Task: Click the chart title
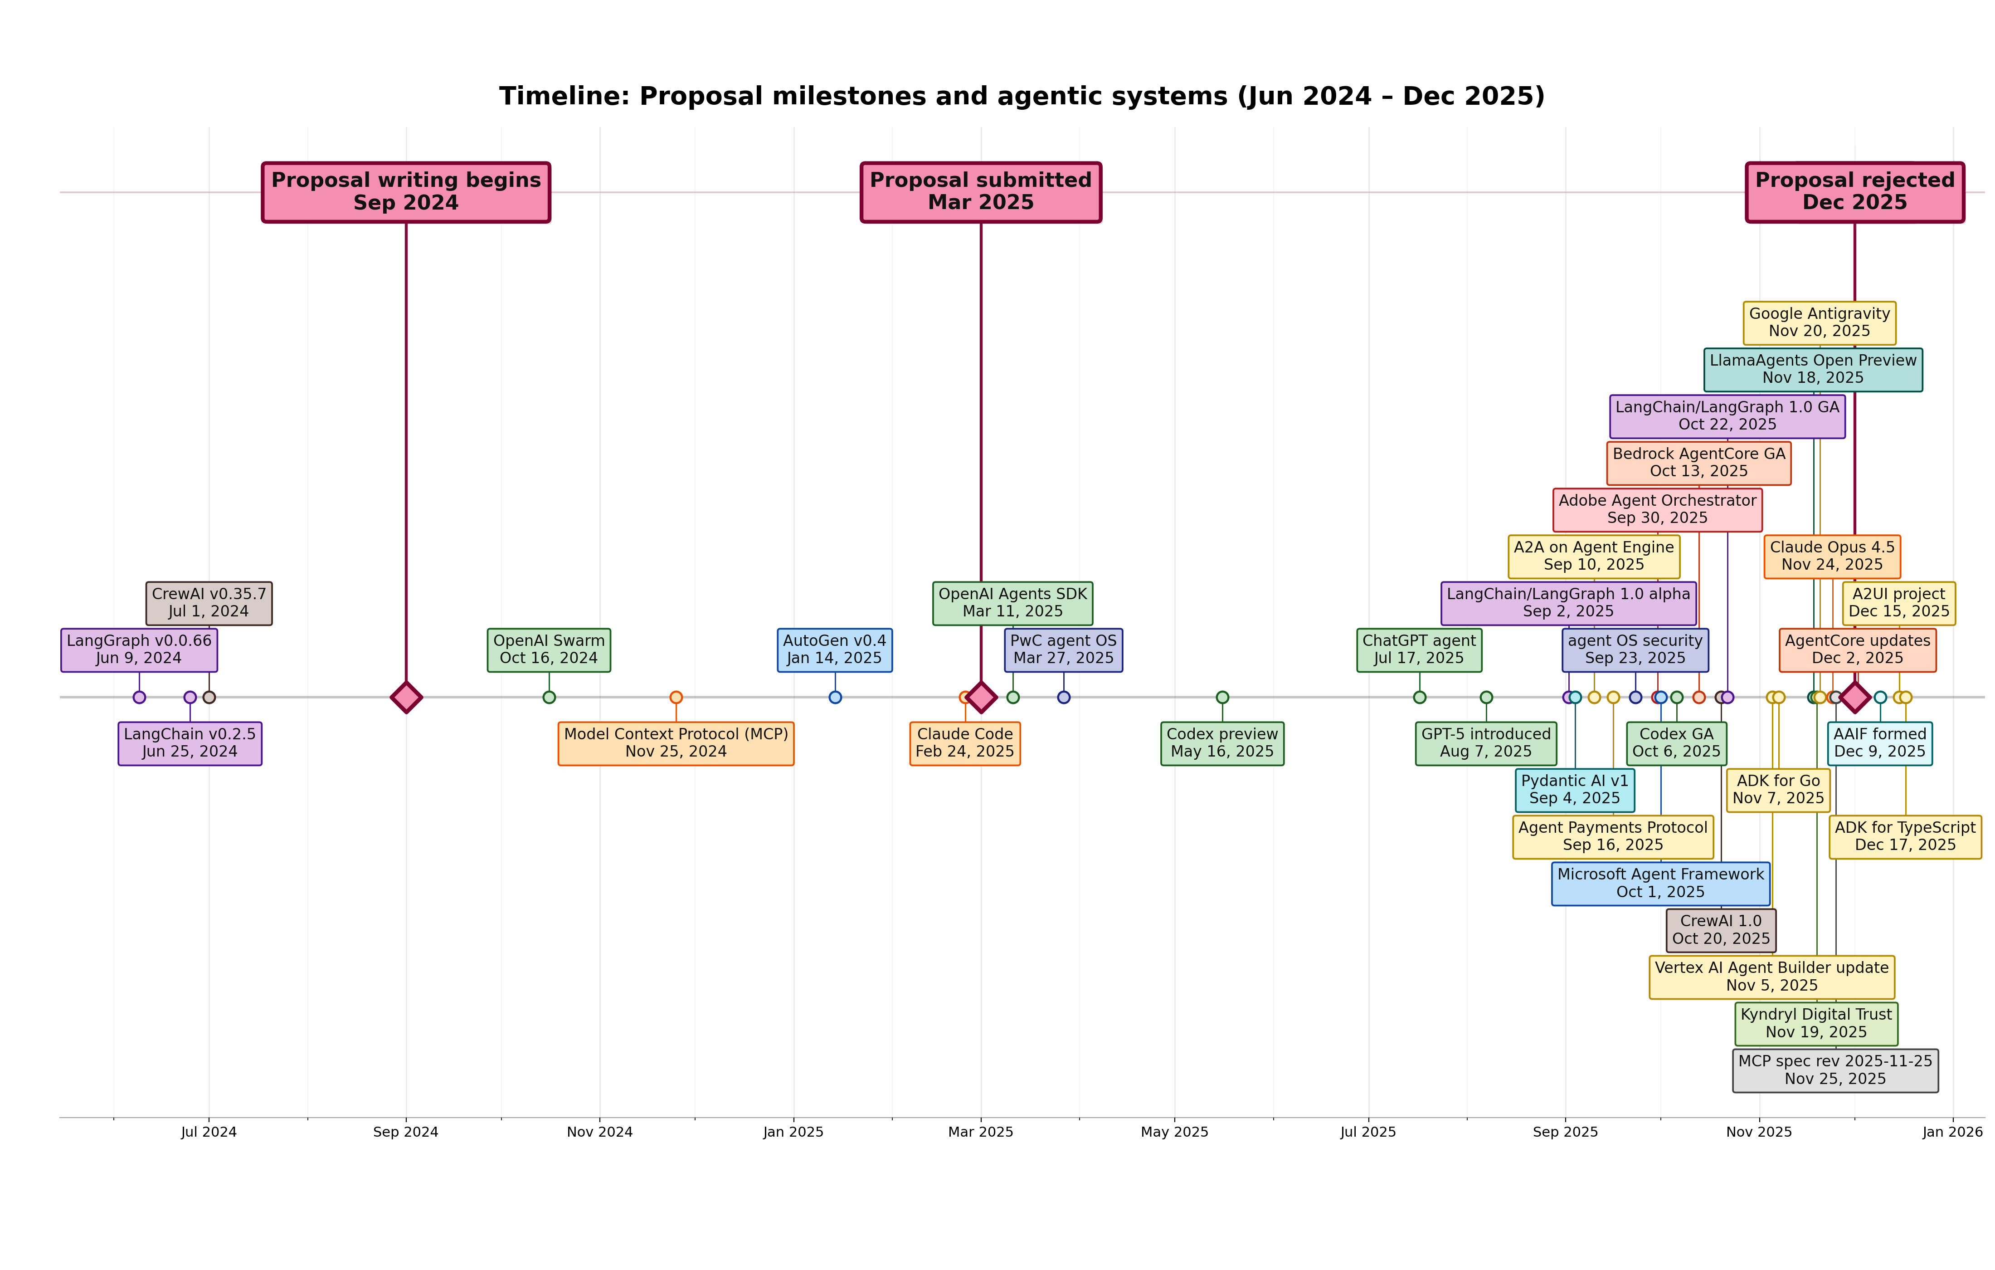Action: click(x=1022, y=96)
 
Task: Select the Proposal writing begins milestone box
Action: click(x=406, y=191)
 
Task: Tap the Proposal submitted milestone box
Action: click(x=981, y=191)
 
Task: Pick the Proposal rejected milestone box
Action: click(x=1854, y=191)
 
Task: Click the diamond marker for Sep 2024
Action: click(x=406, y=697)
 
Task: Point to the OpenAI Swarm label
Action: click(x=549, y=649)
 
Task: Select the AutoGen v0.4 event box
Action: click(x=834, y=649)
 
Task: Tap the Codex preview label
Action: click(x=1222, y=743)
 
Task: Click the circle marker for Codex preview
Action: click(x=1222, y=697)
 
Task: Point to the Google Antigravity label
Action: click(x=1820, y=322)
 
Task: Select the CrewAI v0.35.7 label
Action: click(x=209, y=603)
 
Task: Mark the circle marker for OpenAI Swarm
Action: click(x=549, y=697)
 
